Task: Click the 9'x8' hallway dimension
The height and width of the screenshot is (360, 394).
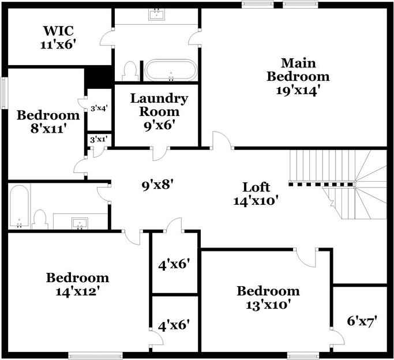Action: (157, 185)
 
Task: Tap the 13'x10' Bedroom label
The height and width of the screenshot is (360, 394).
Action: (268, 298)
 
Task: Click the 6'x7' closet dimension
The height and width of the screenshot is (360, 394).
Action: (362, 321)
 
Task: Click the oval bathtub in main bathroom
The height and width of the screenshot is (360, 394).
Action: (170, 70)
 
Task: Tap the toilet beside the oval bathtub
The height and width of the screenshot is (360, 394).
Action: (130, 72)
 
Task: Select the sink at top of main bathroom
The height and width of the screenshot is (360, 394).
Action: (156, 14)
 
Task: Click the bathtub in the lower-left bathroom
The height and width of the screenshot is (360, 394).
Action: (19, 206)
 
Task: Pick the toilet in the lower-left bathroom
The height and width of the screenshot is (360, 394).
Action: (40, 219)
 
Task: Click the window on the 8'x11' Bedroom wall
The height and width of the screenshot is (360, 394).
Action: (3, 92)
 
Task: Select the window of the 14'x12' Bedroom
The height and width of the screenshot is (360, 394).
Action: (95, 355)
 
